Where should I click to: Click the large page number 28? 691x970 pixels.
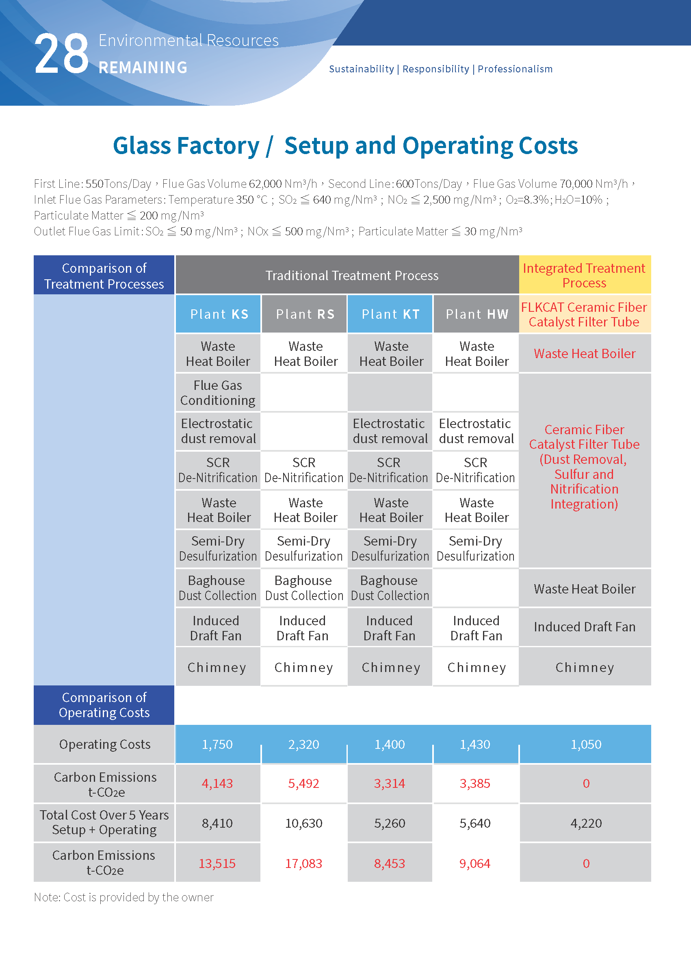tap(61, 54)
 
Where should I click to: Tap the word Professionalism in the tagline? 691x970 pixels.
tap(515, 69)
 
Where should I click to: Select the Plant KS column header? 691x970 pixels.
tap(219, 314)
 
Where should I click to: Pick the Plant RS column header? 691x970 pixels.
tap(305, 314)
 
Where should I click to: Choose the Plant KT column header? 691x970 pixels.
tap(390, 314)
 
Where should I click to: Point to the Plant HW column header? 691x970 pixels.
tap(477, 314)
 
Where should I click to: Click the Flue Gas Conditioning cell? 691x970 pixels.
tap(218, 393)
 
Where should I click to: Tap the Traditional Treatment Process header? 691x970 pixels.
tap(351, 276)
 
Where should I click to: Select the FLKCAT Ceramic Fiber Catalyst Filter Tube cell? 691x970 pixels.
tap(584, 314)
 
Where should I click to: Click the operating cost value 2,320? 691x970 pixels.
tap(303, 744)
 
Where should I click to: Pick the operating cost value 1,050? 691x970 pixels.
tap(585, 744)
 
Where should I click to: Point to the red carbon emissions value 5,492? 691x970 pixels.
tap(303, 783)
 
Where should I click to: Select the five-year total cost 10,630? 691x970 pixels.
tap(303, 823)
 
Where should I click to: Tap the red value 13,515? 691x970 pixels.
tap(217, 863)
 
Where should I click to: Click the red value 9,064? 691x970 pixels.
tap(475, 863)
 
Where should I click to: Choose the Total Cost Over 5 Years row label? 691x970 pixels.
tap(104, 822)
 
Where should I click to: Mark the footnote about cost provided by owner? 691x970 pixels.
tap(123, 897)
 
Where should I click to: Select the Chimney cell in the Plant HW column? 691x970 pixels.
tap(477, 667)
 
